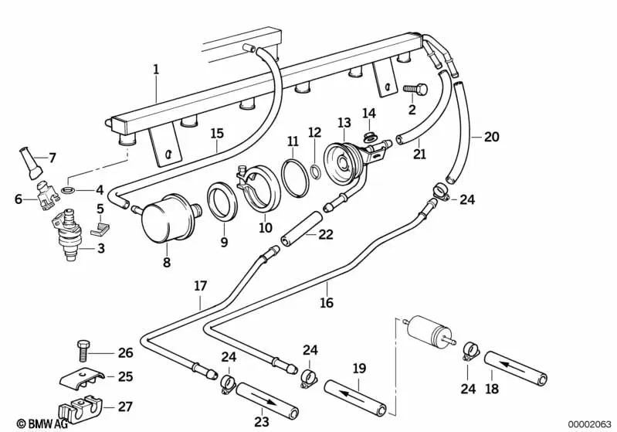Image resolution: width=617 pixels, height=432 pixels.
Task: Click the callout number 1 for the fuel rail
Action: tap(156, 70)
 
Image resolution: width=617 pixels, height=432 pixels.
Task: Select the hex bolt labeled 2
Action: tap(415, 90)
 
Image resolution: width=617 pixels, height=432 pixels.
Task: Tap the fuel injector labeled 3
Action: tap(67, 235)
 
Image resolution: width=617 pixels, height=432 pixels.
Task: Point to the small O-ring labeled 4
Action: tap(68, 191)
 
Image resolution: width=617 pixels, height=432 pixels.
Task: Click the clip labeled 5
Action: tap(100, 229)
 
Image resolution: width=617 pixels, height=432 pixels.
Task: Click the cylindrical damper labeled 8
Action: tap(168, 216)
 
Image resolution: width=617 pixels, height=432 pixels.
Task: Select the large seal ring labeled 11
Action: tap(295, 177)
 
